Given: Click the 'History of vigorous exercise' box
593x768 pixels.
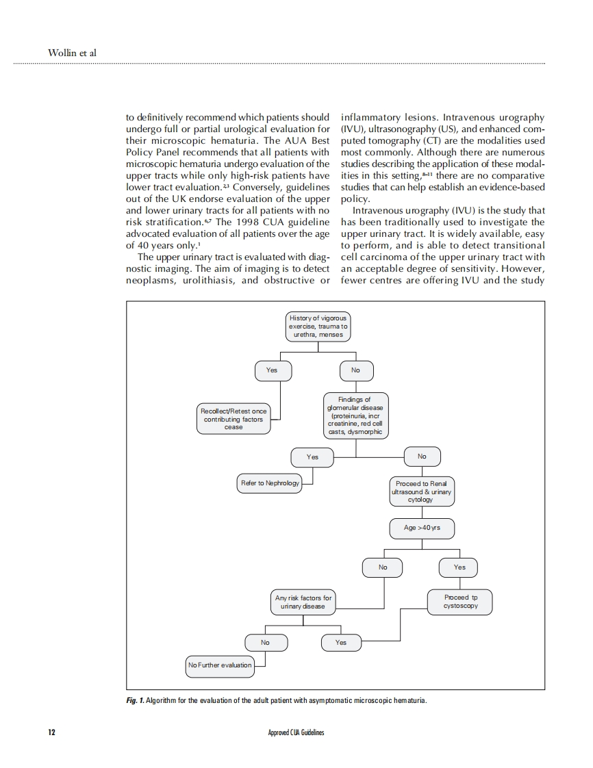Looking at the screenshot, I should (x=317, y=327).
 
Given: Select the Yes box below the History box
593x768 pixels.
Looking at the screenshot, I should (x=272, y=370).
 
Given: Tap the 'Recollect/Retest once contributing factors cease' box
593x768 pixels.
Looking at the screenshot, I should (x=234, y=419).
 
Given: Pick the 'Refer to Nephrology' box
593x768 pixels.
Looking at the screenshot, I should (x=270, y=483).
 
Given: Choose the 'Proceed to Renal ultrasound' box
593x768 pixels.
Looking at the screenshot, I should (x=421, y=491).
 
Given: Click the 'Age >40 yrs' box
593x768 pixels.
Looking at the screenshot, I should (x=422, y=528).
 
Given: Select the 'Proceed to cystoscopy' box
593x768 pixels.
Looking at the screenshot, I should (x=460, y=602).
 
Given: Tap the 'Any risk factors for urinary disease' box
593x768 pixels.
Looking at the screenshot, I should (x=303, y=602).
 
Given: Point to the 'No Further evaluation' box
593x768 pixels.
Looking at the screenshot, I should (x=220, y=665).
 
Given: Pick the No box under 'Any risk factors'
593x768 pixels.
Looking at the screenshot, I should (x=265, y=643).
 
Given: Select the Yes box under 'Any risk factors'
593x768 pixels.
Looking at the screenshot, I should (x=341, y=643).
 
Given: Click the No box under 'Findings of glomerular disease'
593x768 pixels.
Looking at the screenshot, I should (x=422, y=457).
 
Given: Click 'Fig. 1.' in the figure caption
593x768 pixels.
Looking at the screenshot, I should (x=136, y=701).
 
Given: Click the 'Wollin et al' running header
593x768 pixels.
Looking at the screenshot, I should (x=72, y=53).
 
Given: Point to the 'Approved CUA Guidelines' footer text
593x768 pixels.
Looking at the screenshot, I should (x=296, y=733).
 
